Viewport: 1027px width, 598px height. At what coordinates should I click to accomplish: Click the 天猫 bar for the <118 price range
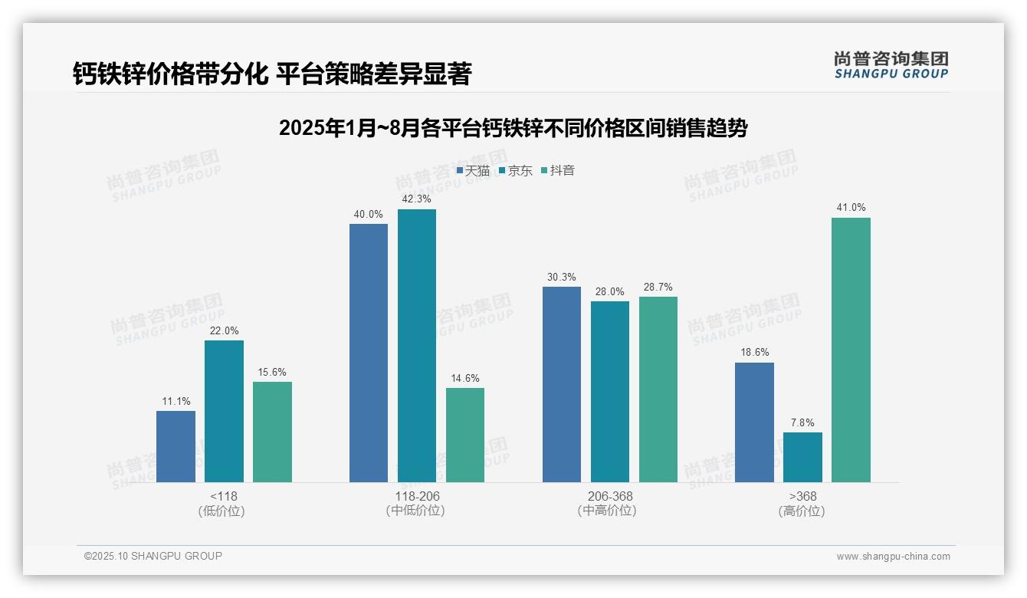(x=176, y=446)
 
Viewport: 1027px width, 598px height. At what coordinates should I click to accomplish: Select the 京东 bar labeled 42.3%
(x=417, y=345)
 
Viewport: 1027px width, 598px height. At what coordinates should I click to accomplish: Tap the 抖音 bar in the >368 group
(x=851, y=350)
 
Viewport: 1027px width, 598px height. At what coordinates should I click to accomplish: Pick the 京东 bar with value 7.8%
(x=802, y=457)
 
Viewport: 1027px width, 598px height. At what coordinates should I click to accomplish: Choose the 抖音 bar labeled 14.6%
(x=465, y=435)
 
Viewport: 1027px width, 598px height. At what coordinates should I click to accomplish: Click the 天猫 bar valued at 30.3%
(x=562, y=384)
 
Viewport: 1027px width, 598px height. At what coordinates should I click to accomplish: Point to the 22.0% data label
(x=224, y=331)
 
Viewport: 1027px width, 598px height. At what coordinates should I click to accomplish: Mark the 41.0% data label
(x=851, y=208)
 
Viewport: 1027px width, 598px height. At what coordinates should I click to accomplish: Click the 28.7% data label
(x=658, y=287)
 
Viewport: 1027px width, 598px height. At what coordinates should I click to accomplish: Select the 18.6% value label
(x=754, y=353)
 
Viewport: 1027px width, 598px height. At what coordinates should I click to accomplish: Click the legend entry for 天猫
(x=473, y=171)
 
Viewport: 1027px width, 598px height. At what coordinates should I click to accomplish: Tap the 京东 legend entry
(x=515, y=171)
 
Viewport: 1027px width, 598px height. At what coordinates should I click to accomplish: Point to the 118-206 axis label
(x=417, y=497)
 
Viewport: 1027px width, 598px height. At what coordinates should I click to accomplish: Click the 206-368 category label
(x=610, y=497)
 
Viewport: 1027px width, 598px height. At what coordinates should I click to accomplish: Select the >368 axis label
(x=802, y=497)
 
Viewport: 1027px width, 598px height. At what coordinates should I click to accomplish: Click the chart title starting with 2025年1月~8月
(x=513, y=128)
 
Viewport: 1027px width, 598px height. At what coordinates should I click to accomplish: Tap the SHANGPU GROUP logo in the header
(x=891, y=65)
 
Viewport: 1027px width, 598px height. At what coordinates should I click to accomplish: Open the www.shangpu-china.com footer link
(x=893, y=557)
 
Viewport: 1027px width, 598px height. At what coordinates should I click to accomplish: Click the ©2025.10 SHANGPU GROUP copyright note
(x=153, y=556)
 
